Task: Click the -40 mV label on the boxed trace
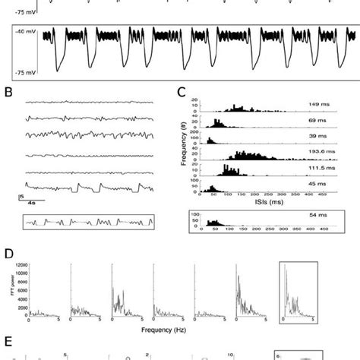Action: [28, 33]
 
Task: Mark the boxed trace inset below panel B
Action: [88, 222]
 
